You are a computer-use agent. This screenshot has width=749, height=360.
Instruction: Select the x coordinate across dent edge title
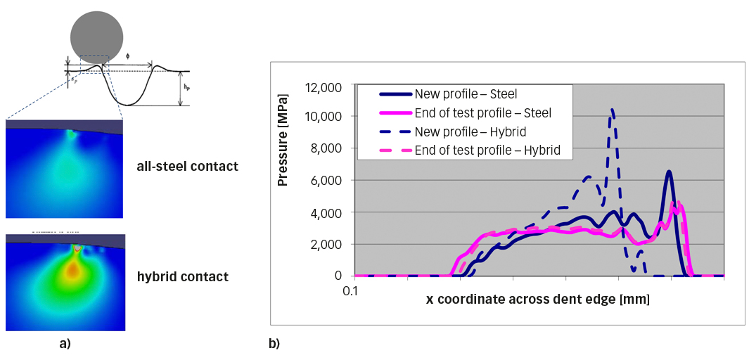537,300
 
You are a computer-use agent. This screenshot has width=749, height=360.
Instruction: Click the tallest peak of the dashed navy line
613,110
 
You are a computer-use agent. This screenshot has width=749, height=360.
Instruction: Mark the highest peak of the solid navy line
670,172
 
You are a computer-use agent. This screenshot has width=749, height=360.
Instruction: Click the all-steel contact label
188,167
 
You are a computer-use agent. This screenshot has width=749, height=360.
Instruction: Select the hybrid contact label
182,277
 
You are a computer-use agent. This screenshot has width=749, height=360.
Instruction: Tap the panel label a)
65,344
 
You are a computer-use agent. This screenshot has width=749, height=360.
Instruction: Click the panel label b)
274,344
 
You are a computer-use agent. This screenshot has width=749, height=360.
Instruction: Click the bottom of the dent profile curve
127,104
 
